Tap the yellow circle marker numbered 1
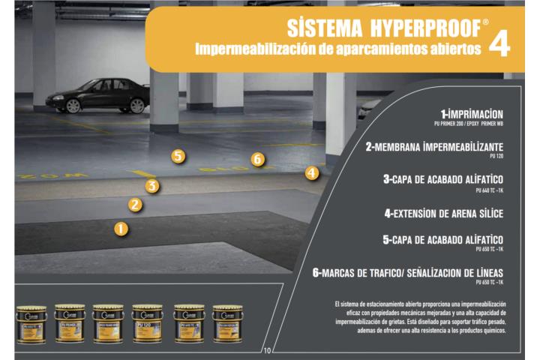pyautogui.click(x=121, y=229)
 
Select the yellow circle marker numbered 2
pyautogui.click(x=135, y=204)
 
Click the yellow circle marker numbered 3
pyautogui.click(x=152, y=186)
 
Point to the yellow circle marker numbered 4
pyautogui.click(x=312, y=172)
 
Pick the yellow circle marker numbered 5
pyautogui.click(x=178, y=156)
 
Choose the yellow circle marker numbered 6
pyautogui.click(x=258, y=159)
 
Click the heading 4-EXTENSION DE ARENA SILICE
pyautogui.click(x=443, y=213)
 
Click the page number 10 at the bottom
pyautogui.click(x=268, y=350)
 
